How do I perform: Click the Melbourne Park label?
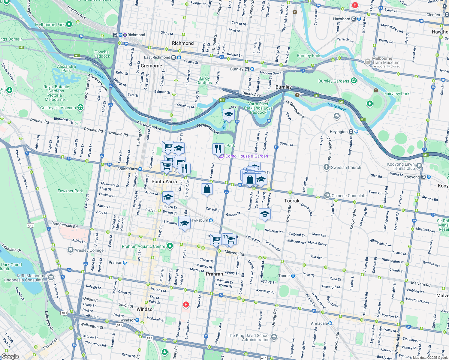coord(50,25)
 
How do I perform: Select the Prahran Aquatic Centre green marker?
coord(170,246)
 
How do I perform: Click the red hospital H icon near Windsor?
coord(186,305)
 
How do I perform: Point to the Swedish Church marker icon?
coord(327,167)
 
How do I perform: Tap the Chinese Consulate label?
coord(349,196)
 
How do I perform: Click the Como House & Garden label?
coord(246,156)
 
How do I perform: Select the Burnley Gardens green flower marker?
coord(354,80)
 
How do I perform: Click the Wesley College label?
coord(89,250)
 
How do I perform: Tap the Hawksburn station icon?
coord(211,220)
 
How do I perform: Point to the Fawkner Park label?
coord(70,191)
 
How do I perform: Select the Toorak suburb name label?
coord(292,201)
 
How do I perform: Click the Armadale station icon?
coord(330,323)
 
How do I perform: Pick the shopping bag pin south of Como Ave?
coord(207,189)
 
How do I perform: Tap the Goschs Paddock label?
coord(102,54)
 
